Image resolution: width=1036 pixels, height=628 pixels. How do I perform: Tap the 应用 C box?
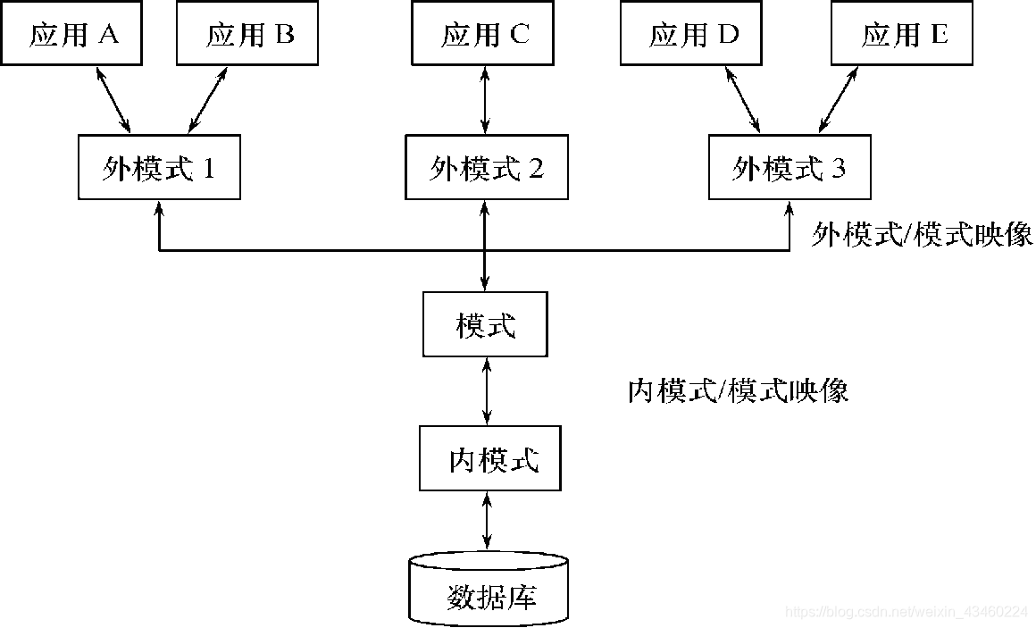point(485,35)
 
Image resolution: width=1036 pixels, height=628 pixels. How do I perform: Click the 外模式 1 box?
point(159,167)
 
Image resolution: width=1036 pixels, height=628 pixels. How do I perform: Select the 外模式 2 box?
point(486,167)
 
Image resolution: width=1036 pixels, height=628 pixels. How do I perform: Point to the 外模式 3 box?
point(790,167)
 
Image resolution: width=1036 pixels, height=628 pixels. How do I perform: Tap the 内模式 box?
point(490,459)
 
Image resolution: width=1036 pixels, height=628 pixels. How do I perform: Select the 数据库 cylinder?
point(489,589)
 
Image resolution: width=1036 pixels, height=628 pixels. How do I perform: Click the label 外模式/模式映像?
point(922,234)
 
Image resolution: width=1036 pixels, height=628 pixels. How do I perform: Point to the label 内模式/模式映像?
point(738,389)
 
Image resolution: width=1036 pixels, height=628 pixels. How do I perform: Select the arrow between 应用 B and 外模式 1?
point(207,99)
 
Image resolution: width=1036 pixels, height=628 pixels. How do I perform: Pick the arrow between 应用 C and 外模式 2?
point(485,100)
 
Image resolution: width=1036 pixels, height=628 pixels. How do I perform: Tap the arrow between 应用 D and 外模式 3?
point(739,99)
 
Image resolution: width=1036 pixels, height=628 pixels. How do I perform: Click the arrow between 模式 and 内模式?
point(487,390)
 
